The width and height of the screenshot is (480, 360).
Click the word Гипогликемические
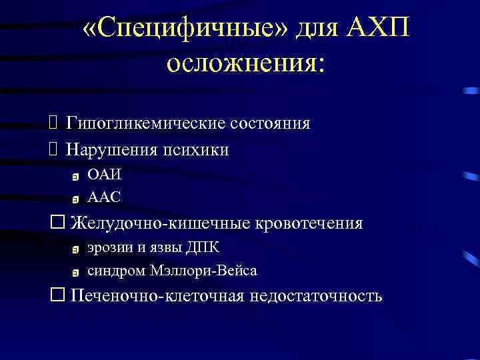click(x=146, y=123)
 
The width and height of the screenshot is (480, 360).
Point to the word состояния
click(x=270, y=123)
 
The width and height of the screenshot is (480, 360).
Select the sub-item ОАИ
click(x=105, y=175)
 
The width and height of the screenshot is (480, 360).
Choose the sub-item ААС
click(x=105, y=197)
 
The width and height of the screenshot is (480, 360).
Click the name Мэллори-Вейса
click(x=204, y=270)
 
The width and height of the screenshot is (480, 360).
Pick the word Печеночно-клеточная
click(x=157, y=295)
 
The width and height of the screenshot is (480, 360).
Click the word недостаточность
click(x=316, y=295)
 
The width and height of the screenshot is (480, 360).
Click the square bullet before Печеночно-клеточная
click(x=56, y=295)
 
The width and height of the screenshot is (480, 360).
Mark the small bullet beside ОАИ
click(x=75, y=177)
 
